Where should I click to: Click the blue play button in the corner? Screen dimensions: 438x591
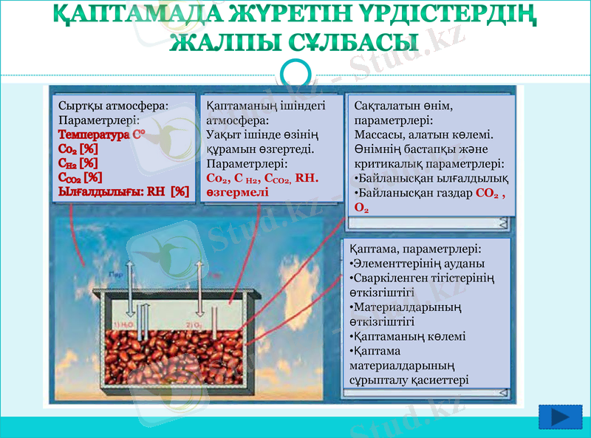(x=560, y=417)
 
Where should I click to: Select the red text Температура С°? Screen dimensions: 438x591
(x=101, y=135)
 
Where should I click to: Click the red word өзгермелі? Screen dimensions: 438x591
(x=238, y=191)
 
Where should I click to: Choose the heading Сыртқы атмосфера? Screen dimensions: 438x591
(x=114, y=106)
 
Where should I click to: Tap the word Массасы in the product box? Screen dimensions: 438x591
(x=379, y=135)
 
